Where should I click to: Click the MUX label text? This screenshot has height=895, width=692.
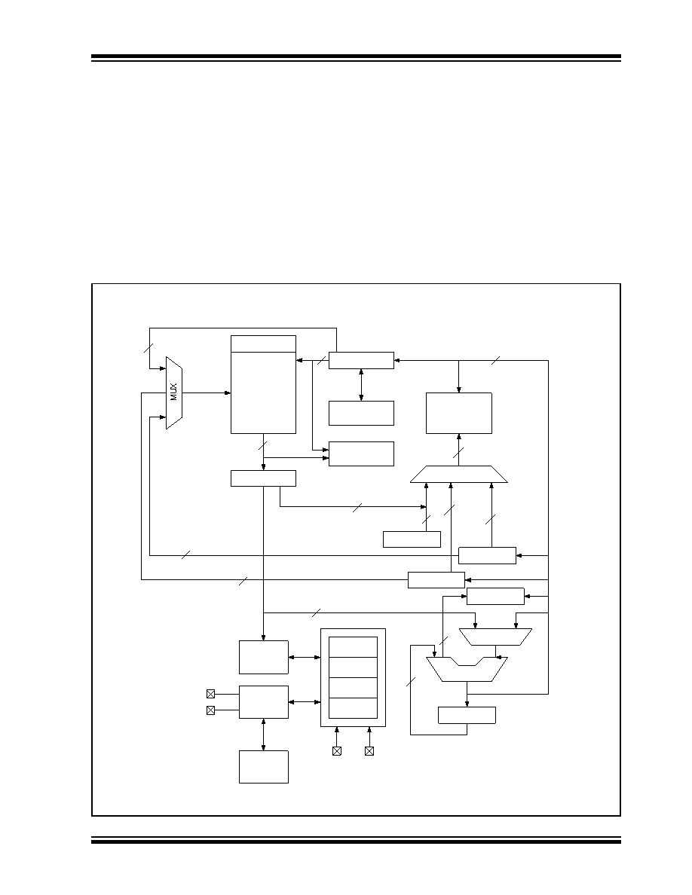[x=174, y=392]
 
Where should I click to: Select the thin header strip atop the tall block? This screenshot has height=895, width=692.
[x=263, y=344]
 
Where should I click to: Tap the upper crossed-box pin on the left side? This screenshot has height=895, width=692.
[x=210, y=694]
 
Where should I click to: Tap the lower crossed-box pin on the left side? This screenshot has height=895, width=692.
[x=210, y=710]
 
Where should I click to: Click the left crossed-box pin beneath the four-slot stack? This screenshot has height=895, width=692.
[x=337, y=751]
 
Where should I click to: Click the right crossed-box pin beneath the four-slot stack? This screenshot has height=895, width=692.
[x=369, y=751]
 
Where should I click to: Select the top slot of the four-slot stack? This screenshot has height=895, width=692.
[x=354, y=647]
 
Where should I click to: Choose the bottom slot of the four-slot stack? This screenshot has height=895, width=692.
[x=354, y=708]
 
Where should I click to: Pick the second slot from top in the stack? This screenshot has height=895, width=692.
[x=354, y=667]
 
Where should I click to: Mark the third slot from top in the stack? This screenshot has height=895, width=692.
[x=354, y=688]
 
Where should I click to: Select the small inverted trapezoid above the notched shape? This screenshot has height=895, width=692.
[x=495, y=637]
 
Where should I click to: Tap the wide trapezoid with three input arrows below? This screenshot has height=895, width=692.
[x=459, y=475]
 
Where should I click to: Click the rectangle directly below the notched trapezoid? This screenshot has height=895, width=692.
[x=467, y=715]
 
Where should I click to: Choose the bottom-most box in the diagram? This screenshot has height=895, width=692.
[x=263, y=767]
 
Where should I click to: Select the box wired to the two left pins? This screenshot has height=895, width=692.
[x=263, y=702]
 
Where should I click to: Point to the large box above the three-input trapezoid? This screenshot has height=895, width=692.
[x=459, y=414]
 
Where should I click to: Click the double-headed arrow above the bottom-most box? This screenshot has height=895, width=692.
[x=263, y=735]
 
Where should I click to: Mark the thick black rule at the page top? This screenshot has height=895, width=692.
[x=356, y=57]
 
